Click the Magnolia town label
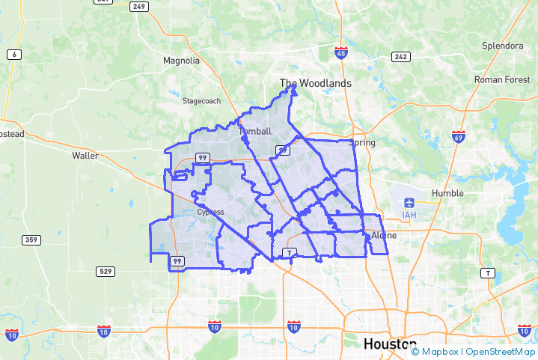[181, 61]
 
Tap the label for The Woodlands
[315, 83]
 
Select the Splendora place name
[502, 46]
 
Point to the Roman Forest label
[502, 79]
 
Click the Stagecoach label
[202, 100]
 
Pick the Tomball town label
[254, 132]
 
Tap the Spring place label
[363, 142]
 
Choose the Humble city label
[448, 193]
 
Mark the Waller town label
[85, 156]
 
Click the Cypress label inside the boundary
[210, 212]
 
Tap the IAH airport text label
[409, 216]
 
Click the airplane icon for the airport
[409, 203]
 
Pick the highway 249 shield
[138, 7]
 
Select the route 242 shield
[400, 57]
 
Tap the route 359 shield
[31, 240]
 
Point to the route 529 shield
[106, 270]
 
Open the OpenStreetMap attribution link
[501, 352]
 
